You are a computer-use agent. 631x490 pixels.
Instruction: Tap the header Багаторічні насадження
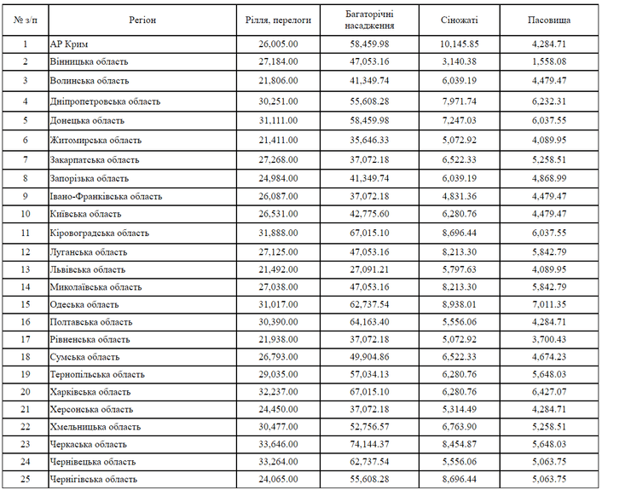coord(369,19)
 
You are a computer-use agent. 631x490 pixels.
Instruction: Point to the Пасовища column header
coord(547,18)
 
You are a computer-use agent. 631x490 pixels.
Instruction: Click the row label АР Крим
coord(70,43)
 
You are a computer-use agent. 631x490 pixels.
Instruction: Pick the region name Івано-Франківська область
coord(106,196)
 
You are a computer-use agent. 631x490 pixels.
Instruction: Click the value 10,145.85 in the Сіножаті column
coord(460,43)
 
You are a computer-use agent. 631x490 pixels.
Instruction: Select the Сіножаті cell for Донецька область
coord(460,120)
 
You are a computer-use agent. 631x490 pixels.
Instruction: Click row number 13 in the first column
coord(25,269)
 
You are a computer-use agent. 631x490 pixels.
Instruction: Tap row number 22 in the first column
coord(25,426)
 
